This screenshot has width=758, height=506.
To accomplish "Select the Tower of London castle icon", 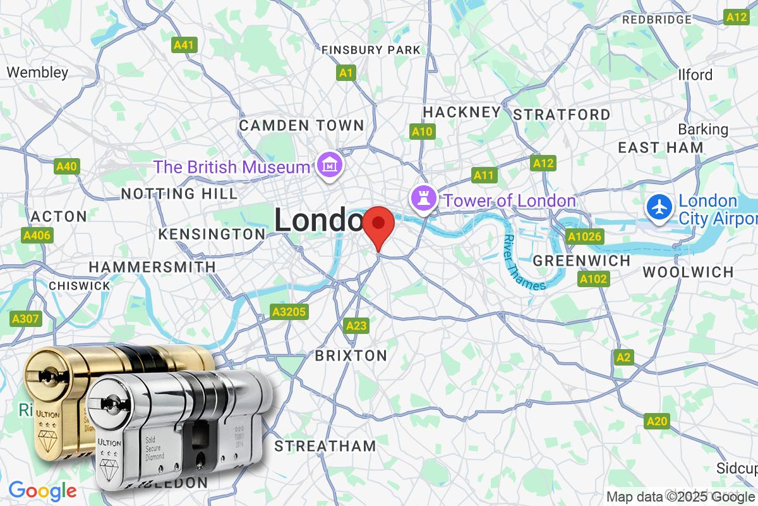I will point(422,200).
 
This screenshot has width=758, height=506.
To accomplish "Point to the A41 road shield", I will point(185,45).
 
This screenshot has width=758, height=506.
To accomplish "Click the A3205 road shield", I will point(289,312).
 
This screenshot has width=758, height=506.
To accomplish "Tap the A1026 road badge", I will point(585,237).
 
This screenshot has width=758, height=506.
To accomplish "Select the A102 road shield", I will point(593,279).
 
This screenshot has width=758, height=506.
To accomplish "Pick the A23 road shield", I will point(356,326).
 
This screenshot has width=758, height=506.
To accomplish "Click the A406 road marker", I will point(37,236).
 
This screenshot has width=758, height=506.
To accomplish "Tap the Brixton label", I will point(351,355).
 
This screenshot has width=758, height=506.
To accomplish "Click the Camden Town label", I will point(301,125).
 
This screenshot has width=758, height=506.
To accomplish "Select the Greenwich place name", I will point(582,261).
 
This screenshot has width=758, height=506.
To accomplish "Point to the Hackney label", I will point(461,112).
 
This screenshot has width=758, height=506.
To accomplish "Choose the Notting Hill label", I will point(179,193).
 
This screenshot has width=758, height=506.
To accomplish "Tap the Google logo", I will point(42,491).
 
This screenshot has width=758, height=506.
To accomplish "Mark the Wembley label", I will point(37,72).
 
